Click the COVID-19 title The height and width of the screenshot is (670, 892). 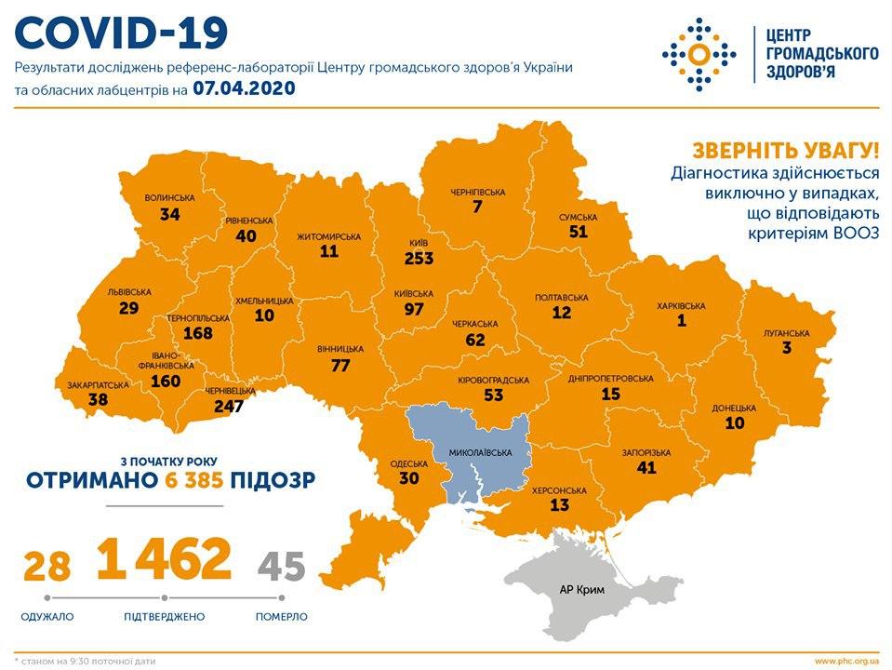[x=121, y=33]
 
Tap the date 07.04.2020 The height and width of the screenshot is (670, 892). [x=244, y=89]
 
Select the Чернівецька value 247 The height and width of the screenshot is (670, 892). [x=228, y=406]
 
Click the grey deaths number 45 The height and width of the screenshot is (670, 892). [x=281, y=566]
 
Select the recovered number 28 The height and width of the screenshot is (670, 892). [x=46, y=566]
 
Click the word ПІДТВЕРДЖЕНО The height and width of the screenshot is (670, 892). [x=164, y=616]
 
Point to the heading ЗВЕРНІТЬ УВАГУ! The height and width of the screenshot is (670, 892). [x=784, y=151]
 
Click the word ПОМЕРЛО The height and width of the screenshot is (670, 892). [x=281, y=616]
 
